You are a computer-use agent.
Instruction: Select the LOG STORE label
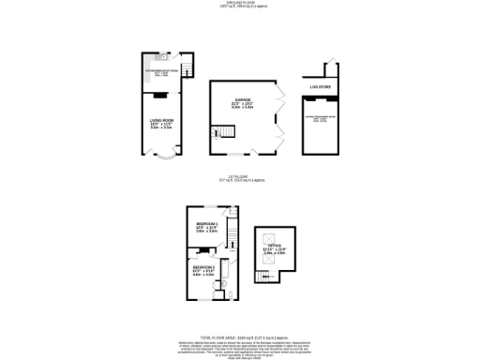click(x=321, y=87)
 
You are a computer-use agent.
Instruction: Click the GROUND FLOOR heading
click(x=239, y=4)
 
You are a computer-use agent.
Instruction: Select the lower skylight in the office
click(x=277, y=262)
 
